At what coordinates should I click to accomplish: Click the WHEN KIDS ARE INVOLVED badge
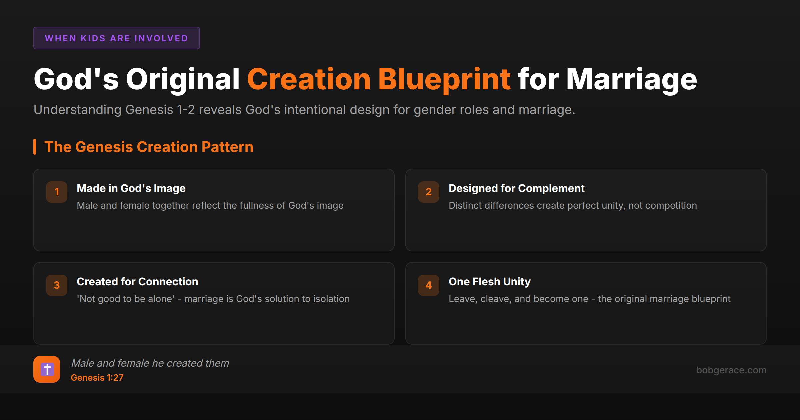pyautogui.click(x=116, y=38)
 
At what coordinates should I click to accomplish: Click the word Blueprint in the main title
pyautogui.click(x=444, y=79)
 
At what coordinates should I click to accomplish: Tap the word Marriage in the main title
pyautogui.click(x=631, y=79)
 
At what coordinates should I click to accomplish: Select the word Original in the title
pyautogui.click(x=183, y=79)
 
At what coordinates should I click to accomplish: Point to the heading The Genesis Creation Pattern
pyautogui.click(x=149, y=147)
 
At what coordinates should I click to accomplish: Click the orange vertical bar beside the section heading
pyautogui.click(x=35, y=147)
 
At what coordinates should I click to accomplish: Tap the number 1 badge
pyautogui.click(x=57, y=192)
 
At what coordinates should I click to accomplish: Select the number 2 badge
pyautogui.click(x=428, y=192)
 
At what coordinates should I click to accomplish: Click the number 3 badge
pyautogui.click(x=57, y=285)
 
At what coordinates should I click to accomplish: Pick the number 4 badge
pyautogui.click(x=428, y=285)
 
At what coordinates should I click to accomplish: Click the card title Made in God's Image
pyautogui.click(x=131, y=188)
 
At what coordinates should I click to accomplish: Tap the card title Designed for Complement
pyautogui.click(x=516, y=188)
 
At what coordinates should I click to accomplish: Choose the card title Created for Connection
pyautogui.click(x=137, y=282)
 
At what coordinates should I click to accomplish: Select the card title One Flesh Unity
pyautogui.click(x=489, y=282)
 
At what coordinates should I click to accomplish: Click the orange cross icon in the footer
pyautogui.click(x=47, y=369)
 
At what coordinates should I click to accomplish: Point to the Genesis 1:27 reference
pyautogui.click(x=97, y=378)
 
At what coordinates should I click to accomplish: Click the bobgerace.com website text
pyautogui.click(x=731, y=370)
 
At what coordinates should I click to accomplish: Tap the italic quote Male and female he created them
pyautogui.click(x=150, y=363)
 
